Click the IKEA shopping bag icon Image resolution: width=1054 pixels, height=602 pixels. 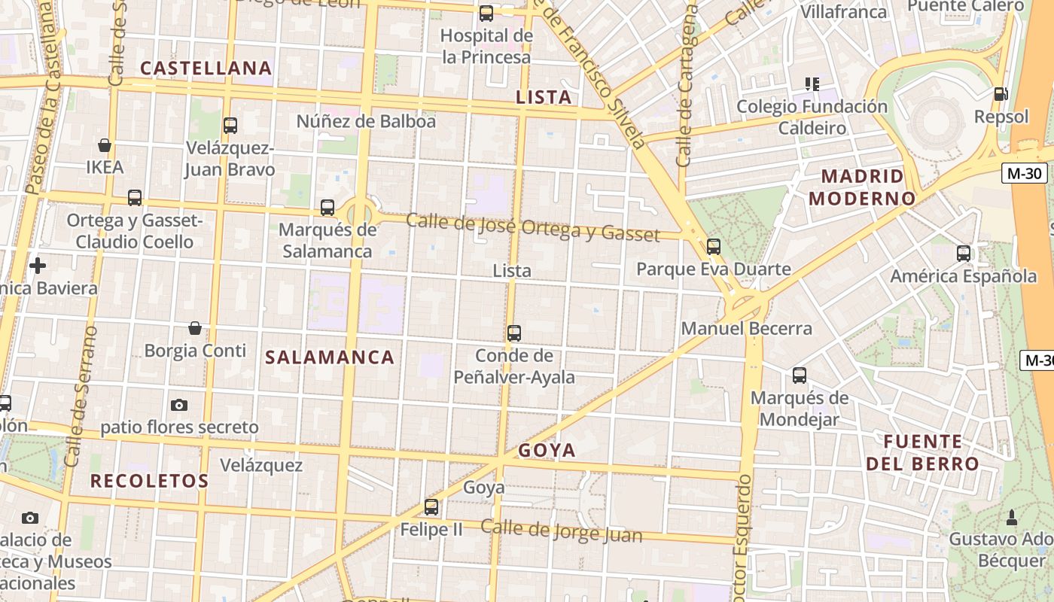pos(105,145)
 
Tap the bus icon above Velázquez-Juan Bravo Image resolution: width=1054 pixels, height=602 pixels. pos(230,126)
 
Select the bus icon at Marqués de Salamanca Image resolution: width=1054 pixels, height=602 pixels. pos(327,208)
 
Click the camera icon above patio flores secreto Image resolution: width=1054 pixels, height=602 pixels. pos(179,405)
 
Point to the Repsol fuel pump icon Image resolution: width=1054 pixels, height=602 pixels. pos(1001,94)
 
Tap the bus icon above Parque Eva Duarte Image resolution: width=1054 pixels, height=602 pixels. pos(713,246)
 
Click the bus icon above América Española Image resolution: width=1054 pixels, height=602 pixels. pos(963,254)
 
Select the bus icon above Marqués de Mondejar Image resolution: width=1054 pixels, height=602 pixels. pos(799,375)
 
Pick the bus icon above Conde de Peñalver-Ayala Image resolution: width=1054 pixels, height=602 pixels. pos(514,333)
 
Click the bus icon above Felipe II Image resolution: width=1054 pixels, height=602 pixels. pos(431,507)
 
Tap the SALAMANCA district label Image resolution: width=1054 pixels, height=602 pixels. pos(330,357)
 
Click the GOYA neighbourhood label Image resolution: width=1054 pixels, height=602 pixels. pos(547,451)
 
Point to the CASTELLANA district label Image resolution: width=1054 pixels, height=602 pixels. pos(206,68)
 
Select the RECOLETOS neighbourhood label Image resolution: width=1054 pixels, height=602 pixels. pos(149,481)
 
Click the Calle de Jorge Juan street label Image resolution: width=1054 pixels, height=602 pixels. pos(562,531)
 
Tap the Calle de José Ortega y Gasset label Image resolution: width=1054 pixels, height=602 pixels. pos(532,228)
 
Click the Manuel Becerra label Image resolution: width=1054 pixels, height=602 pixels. pos(747,329)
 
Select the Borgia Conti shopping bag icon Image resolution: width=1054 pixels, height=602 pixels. pos(195,328)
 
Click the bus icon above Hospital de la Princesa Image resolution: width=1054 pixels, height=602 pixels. pos(486,14)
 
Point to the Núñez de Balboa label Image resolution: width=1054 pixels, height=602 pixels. pos(366,121)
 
